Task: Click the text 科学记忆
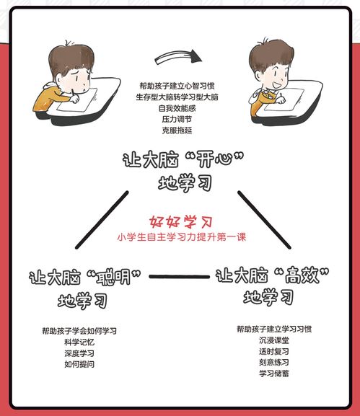(79, 342)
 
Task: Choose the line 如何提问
(79, 365)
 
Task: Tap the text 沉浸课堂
(274, 340)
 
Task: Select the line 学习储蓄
(274, 373)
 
